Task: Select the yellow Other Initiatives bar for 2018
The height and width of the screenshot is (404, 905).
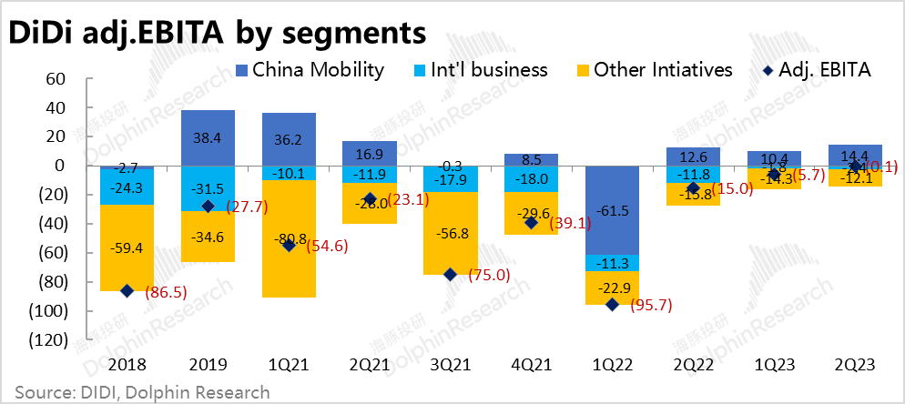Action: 127,247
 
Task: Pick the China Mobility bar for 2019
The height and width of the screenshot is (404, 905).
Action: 208,137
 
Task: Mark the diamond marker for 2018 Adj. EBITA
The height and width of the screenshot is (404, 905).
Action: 127,290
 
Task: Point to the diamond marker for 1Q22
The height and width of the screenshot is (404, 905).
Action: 612,305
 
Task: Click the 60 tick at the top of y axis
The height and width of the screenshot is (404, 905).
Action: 56,79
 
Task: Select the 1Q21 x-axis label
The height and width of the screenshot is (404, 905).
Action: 289,365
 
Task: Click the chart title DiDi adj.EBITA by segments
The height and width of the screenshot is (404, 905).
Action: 217,32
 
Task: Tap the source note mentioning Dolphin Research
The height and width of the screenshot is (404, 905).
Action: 142,392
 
